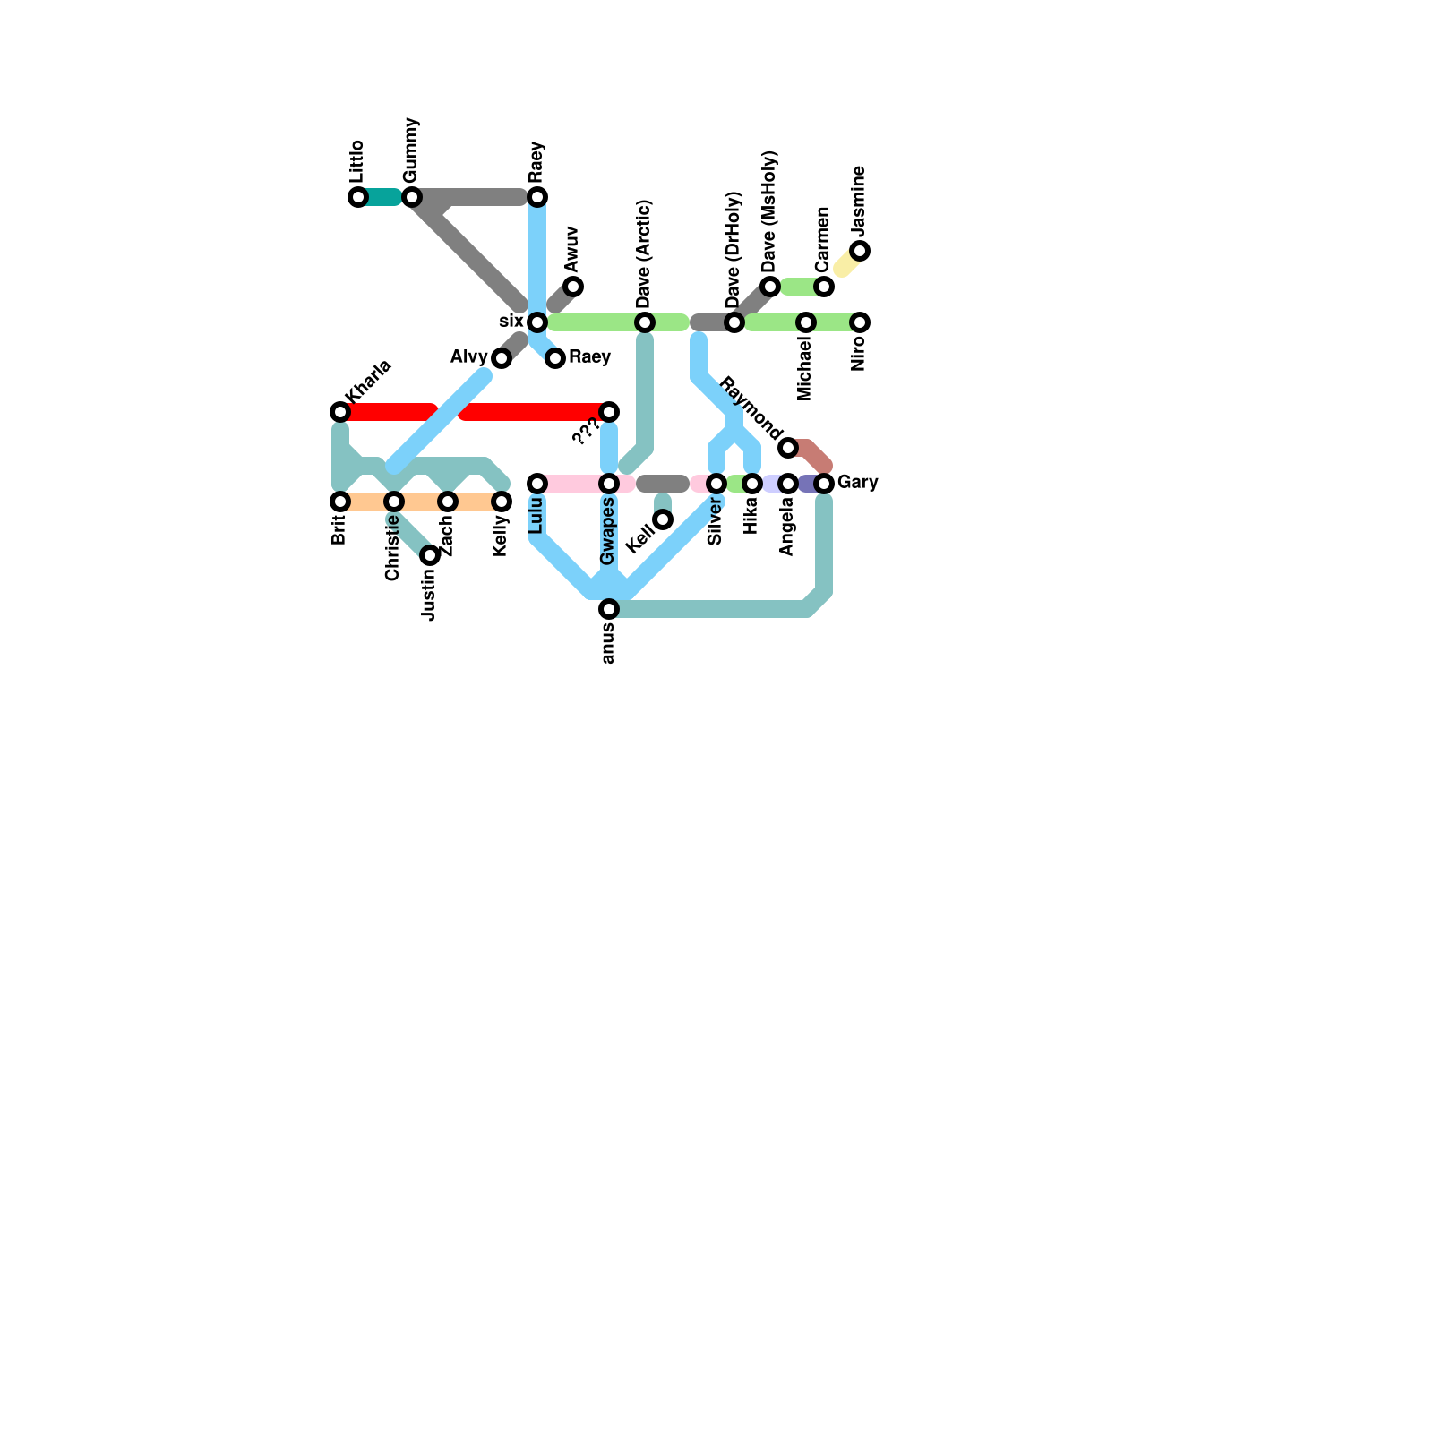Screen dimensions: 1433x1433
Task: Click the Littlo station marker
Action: (358, 197)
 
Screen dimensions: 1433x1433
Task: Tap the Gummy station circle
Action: (412, 197)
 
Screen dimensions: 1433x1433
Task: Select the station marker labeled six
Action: (537, 322)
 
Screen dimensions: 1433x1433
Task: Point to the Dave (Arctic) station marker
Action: (645, 322)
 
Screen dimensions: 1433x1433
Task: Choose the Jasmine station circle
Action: (860, 251)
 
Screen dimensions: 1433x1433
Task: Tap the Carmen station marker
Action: (824, 287)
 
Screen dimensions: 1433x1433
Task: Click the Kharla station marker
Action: (340, 412)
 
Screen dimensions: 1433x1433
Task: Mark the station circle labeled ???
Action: (609, 412)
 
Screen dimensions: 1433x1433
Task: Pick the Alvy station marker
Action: (502, 358)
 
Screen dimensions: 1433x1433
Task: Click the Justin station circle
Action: (430, 555)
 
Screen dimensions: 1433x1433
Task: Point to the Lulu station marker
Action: (537, 484)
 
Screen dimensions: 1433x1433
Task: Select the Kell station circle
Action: (663, 519)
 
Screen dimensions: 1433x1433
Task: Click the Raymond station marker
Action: (788, 448)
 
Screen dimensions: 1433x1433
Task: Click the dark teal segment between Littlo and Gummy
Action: (383, 197)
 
